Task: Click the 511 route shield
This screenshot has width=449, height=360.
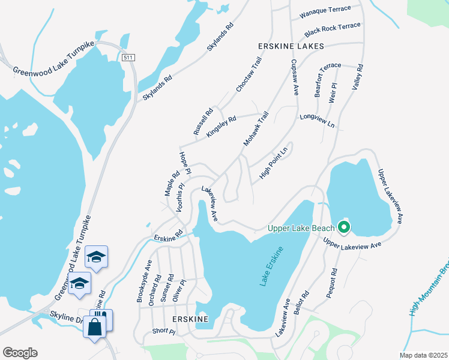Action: pyautogui.click(x=127, y=58)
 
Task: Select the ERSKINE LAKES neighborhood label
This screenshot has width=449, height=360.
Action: pyautogui.click(x=291, y=46)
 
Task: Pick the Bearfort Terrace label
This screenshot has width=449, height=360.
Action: pyautogui.click(x=319, y=77)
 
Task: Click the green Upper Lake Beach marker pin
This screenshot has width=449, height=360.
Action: pyautogui.click(x=344, y=227)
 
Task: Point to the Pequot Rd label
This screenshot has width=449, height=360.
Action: pyautogui.click(x=334, y=279)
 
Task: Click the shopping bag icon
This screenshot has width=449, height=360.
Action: pyautogui.click(x=95, y=328)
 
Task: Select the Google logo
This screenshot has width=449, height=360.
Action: pyautogui.click(x=20, y=353)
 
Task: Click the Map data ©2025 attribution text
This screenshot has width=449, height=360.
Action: pyautogui.click(x=423, y=355)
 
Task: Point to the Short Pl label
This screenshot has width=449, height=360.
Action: pyautogui.click(x=163, y=331)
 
